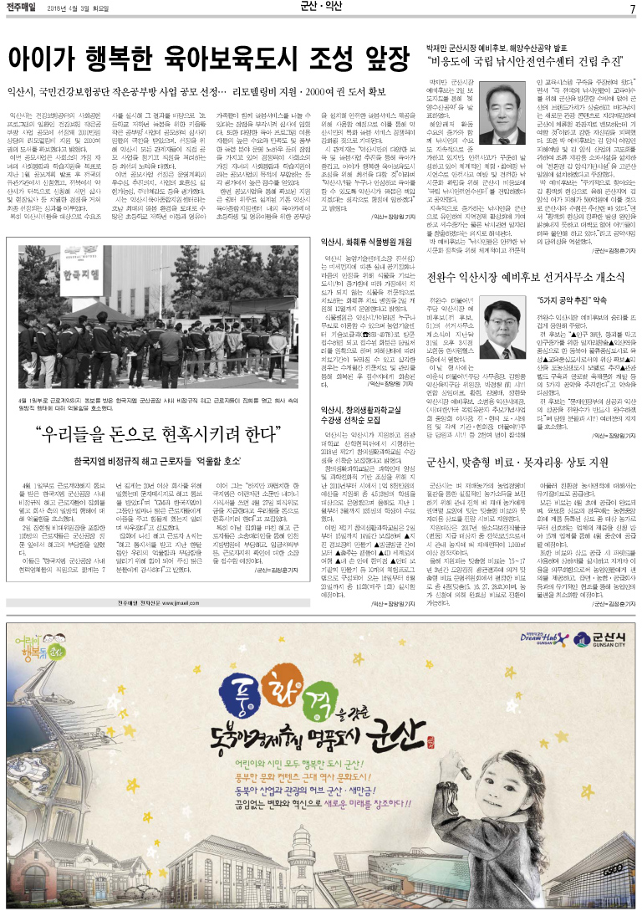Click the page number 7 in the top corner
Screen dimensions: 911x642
pos(632,8)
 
